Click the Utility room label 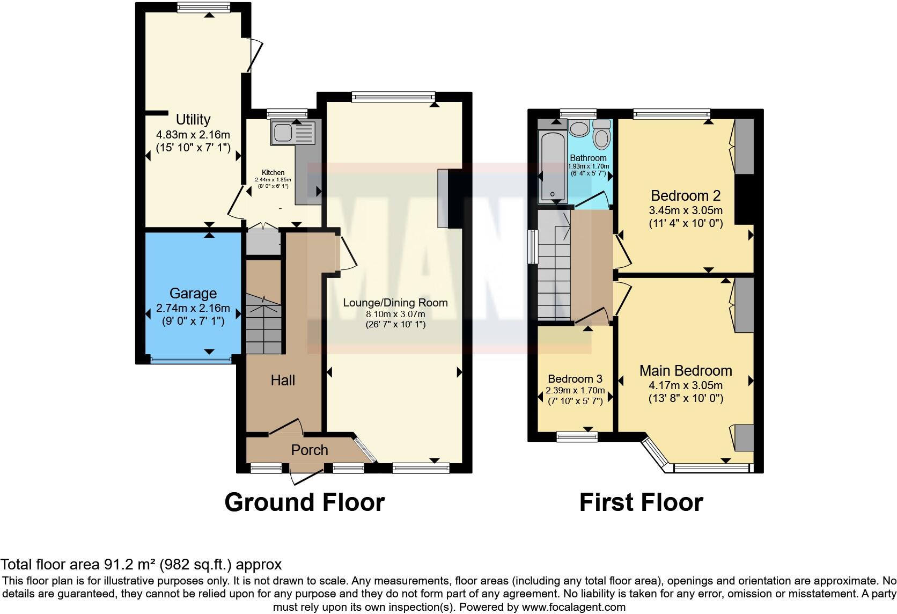pyautogui.click(x=193, y=119)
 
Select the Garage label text pyautogui.click(x=193, y=293)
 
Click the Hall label pyautogui.click(x=283, y=380)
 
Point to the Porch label pyautogui.click(x=309, y=450)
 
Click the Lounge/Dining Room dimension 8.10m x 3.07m pyautogui.click(x=395, y=314)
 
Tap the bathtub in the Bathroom pyautogui.click(x=552, y=166)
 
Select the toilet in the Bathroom pyautogui.click(x=602, y=134)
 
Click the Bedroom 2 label pyautogui.click(x=685, y=195)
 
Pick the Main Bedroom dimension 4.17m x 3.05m pyautogui.click(x=686, y=385)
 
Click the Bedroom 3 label pyautogui.click(x=575, y=379)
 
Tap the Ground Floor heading pyautogui.click(x=304, y=502)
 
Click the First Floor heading pyautogui.click(x=641, y=502)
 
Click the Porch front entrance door pyautogui.click(x=306, y=475)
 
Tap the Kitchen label pyautogui.click(x=273, y=172)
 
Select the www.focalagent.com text pyautogui.click(x=573, y=608)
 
